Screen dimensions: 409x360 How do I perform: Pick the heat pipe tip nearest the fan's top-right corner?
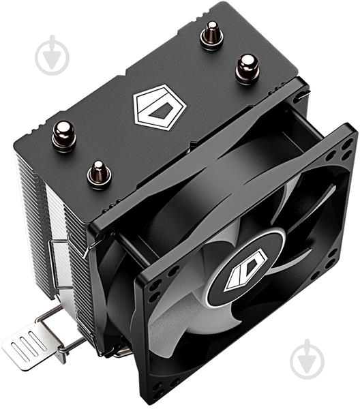pyautogui.click(x=247, y=68)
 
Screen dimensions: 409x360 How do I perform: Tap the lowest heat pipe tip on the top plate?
pyautogui.click(x=99, y=174)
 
